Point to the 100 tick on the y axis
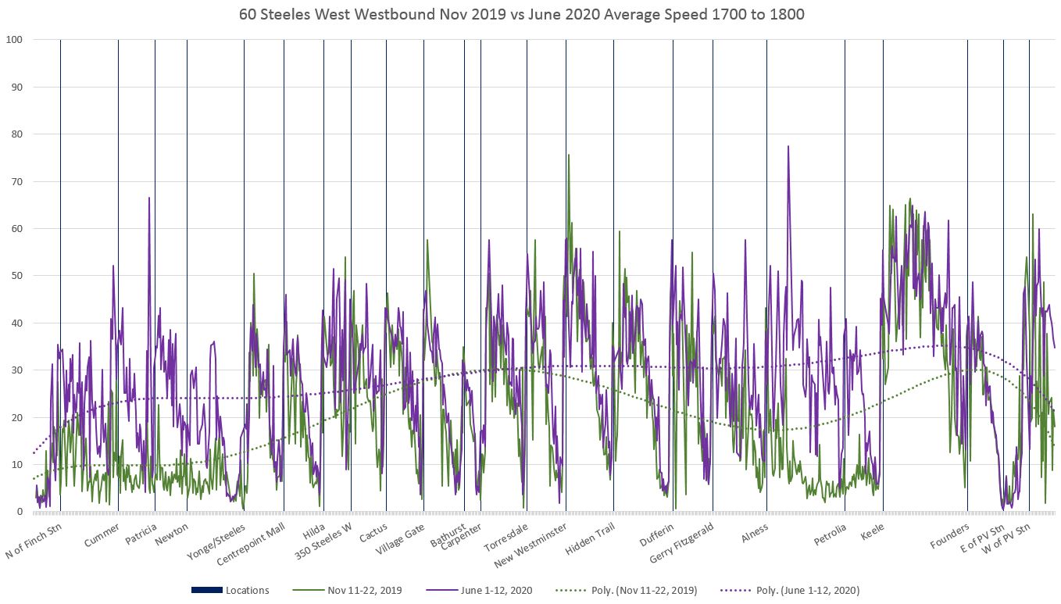[14, 40]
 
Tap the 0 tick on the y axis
[20, 512]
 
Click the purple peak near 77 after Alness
[788, 147]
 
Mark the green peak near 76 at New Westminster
[569, 155]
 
